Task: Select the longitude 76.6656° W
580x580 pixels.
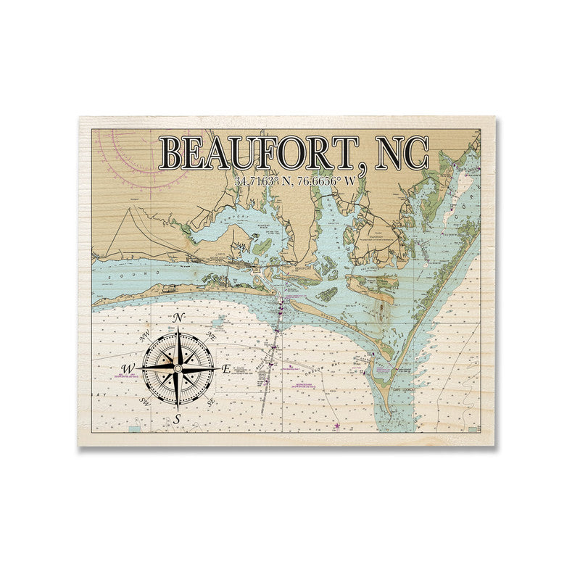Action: (x=326, y=181)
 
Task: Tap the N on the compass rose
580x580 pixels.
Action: (x=179, y=317)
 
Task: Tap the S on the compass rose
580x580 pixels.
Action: (x=178, y=419)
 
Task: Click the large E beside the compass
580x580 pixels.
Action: (x=225, y=369)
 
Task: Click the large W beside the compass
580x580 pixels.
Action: (x=128, y=369)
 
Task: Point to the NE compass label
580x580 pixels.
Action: (x=212, y=336)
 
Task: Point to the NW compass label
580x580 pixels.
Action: (x=145, y=334)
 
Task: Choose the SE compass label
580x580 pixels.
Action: (x=211, y=401)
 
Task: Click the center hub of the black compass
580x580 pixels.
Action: (x=178, y=368)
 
